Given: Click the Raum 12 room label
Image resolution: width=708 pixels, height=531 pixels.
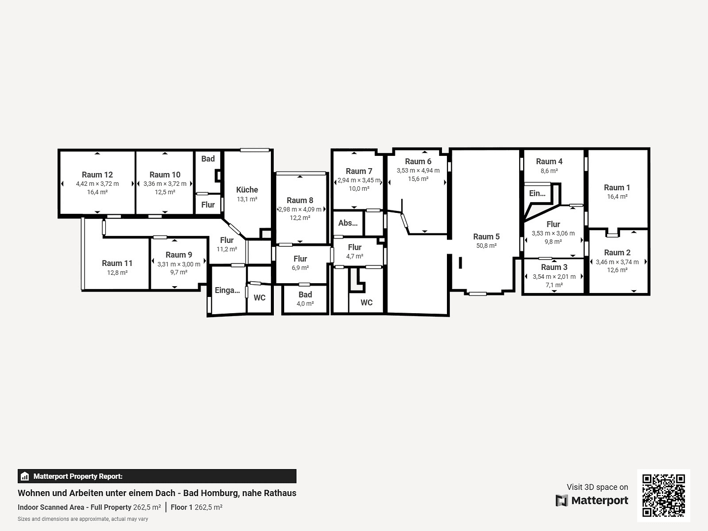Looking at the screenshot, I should coord(97,175).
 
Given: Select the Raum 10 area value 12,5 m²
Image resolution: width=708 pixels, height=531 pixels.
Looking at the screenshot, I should coord(165,192).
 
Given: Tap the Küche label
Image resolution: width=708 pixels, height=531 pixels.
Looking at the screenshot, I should coord(247,190).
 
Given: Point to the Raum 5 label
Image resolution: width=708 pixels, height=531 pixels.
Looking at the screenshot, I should coord(486,236).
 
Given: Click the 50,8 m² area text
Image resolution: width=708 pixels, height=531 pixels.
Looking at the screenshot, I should coord(486,246).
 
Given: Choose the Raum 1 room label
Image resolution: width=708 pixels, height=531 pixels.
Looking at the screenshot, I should coord(617,187).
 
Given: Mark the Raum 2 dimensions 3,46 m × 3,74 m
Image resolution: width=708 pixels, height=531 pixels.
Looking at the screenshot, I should coord(617,262).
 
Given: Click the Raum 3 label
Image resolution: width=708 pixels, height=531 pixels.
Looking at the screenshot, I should coord(554,267).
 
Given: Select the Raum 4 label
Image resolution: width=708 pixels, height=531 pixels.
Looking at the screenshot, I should coord(549,161).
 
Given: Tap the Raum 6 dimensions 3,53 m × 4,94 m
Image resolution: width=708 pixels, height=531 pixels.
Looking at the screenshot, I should coord(418,171).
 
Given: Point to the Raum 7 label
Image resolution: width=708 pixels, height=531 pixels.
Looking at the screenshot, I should coord(359,171).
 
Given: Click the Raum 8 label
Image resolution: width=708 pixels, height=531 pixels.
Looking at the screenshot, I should coord(300,200).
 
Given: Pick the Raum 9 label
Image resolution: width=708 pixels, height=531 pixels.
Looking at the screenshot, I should coord(179,255).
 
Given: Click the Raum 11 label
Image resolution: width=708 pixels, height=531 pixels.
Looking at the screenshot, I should coord(117,263).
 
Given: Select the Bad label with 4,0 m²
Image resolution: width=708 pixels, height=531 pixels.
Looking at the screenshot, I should coord(305,295).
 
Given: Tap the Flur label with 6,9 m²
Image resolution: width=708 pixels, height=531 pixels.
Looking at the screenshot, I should coord(300,259).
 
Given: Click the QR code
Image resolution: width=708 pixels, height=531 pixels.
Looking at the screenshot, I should coord(664,496).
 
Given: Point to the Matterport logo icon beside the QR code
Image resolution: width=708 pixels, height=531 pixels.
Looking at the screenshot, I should coord(561,501).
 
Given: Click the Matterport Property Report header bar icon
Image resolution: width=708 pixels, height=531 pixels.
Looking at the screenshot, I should coord(25,476).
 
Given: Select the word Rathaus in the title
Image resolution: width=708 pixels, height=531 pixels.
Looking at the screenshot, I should coord(280,493).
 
